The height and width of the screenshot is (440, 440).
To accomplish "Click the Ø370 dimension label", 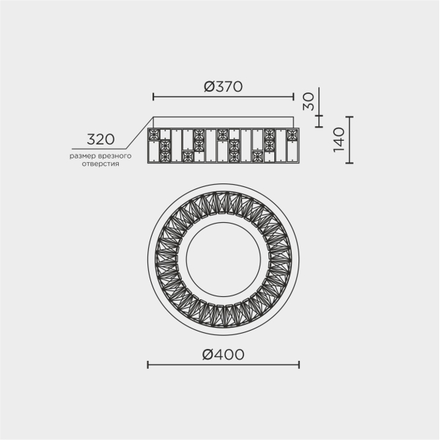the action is coord(223,87).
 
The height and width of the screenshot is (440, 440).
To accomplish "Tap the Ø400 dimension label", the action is coord(223,354).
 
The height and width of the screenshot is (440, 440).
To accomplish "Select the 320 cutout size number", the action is coord(100,139).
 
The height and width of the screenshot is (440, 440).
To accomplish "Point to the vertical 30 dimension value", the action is coord(309,101).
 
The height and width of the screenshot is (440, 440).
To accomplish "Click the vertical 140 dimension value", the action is coord(339,139).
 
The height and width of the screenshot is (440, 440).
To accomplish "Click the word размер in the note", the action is coord(83,156).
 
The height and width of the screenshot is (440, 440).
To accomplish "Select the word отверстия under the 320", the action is coord(100,164).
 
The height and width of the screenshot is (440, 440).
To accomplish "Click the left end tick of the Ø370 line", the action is coord(153,97).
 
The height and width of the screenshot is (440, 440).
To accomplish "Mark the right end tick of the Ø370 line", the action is coord(293,97).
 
